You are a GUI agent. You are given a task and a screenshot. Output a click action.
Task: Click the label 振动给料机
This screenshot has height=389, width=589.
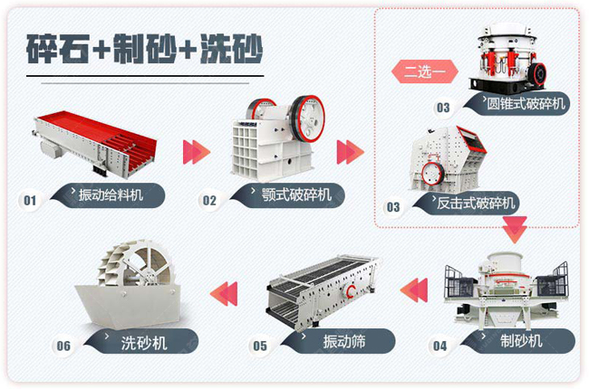(x=111, y=195)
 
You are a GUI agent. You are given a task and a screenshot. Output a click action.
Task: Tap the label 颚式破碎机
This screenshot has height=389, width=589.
(x=296, y=194)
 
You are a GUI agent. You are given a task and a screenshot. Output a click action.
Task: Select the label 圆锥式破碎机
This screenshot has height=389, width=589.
(x=526, y=103)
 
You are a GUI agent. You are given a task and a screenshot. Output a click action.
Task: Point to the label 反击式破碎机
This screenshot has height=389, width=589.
(x=476, y=204)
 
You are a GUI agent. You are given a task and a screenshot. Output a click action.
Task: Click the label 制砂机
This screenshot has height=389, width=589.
(x=521, y=341)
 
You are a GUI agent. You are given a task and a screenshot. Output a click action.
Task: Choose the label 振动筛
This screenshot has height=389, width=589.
(x=344, y=341)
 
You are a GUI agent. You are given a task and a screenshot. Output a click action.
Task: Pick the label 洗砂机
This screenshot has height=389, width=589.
(x=144, y=343)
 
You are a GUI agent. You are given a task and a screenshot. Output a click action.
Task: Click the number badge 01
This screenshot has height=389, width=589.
(x=30, y=200)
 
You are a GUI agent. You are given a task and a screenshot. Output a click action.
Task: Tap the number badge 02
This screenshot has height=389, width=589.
(x=209, y=201)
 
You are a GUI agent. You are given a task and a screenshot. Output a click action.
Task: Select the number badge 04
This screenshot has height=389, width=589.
(x=439, y=346)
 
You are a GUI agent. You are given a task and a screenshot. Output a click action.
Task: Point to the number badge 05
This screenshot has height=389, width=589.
(x=259, y=346)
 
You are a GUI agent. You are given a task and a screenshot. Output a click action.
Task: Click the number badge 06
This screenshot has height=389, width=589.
(x=63, y=346)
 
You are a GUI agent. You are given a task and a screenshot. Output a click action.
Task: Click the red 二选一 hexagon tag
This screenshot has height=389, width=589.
(x=425, y=71)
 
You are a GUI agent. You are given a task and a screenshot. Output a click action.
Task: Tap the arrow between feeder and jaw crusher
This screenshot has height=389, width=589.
(x=197, y=152)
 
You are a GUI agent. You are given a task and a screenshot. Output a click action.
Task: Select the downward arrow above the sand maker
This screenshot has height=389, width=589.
(x=515, y=229)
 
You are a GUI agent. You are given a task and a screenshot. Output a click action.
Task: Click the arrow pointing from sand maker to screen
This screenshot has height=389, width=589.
(x=414, y=290)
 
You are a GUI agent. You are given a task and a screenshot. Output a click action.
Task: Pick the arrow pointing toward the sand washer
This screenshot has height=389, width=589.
(x=224, y=293)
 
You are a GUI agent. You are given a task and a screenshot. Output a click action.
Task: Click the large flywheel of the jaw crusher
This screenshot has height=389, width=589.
(x=307, y=119)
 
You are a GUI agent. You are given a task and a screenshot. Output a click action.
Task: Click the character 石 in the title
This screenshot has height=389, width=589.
(x=74, y=49)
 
